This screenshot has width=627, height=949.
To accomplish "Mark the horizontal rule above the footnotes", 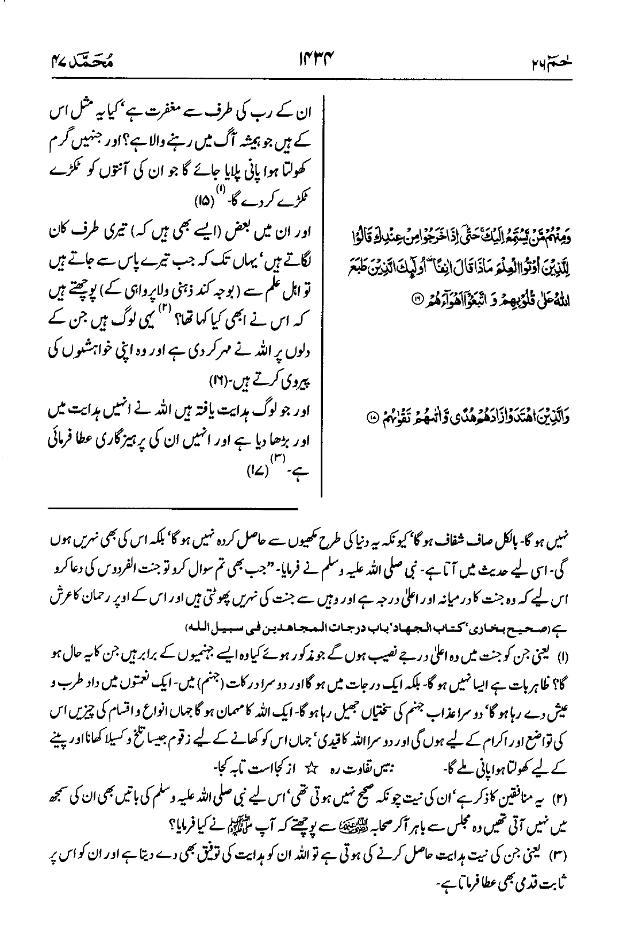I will tap(173, 508).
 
